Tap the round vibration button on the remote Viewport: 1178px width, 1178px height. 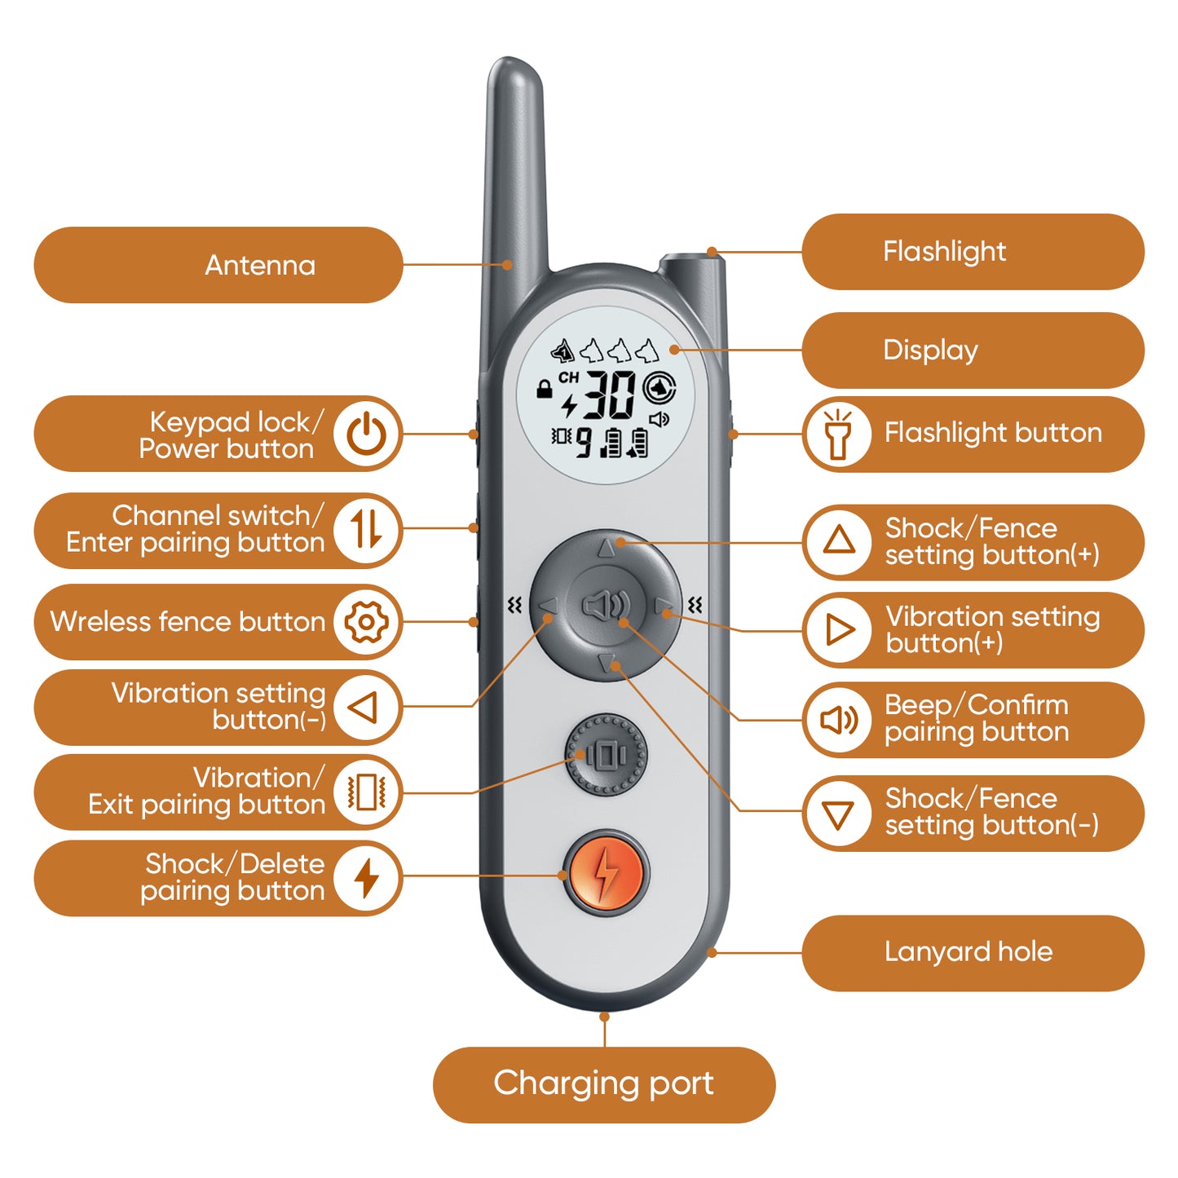coord(605,757)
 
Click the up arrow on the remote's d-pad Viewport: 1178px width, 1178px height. coord(606,548)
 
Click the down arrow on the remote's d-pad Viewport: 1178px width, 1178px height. coord(606,663)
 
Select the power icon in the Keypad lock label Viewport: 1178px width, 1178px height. coord(366,434)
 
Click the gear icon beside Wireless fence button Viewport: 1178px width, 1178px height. coord(366,622)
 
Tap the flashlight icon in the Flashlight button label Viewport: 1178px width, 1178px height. coord(838,434)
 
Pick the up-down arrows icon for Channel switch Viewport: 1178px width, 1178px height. coord(366,529)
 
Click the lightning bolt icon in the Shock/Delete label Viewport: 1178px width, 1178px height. coord(366,878)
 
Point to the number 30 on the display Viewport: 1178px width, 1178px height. coord(609,395)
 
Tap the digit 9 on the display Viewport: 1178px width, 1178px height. coord(584,443)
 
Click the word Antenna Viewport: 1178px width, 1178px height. coord(260,265)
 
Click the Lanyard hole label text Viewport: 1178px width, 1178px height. coord(968,952)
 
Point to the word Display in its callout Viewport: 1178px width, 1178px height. coord(930,351)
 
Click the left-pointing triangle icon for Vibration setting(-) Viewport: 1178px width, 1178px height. coord(363,708)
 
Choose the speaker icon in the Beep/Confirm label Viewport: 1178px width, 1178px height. coord(839,720)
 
